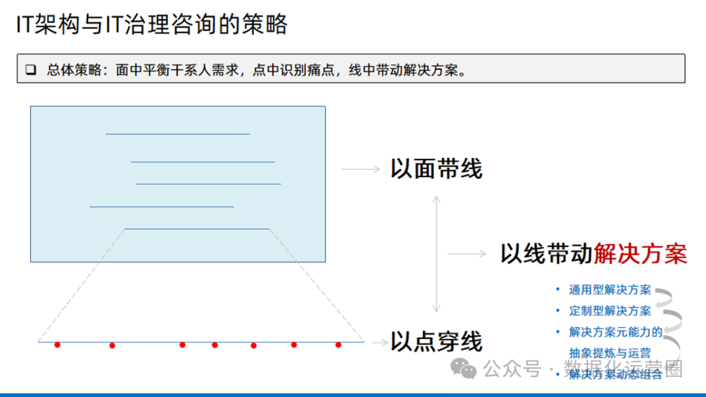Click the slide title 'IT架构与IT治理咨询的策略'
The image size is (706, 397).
point(151,25)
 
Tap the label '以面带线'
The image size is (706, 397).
point(436,169)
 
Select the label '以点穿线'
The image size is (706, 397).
point(436,341)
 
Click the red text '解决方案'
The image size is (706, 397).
point(640,253)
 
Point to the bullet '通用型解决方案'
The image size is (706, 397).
point(610,290)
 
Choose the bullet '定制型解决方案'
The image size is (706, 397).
point(610,311)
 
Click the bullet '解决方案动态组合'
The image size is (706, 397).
point(615,374)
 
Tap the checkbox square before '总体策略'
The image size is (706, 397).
point(31,70)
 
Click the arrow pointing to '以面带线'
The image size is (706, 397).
point(360,169)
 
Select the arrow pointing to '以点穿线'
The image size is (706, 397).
point(379,341)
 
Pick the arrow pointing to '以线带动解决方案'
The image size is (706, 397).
point(467,253)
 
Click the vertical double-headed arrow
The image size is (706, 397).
point(437,253)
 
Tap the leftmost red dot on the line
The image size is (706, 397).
point(58,345)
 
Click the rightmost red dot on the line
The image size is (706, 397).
point(338,345)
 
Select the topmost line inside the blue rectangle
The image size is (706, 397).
point(178,134)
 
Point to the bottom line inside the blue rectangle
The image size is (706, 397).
point(197,229)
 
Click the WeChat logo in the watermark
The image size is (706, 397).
point(467,370)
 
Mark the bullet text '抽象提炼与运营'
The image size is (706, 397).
point(610,353)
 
